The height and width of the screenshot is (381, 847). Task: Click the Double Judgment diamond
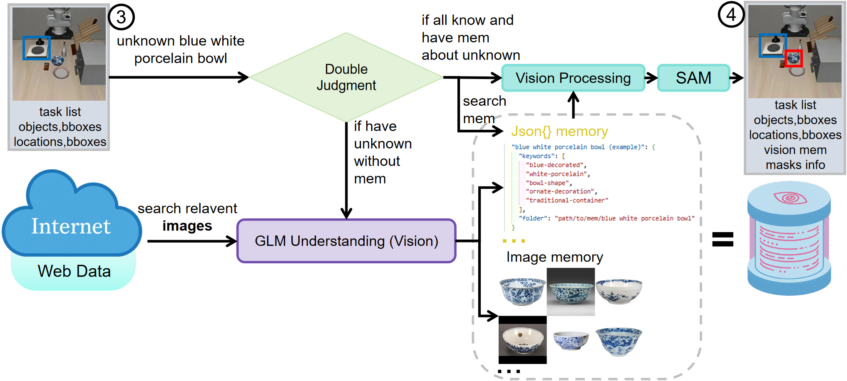(346, 77)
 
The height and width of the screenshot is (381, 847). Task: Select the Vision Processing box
(573, 78)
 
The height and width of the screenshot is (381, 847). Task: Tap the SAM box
(693, 78)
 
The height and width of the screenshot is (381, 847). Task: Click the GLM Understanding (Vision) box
(346, 241)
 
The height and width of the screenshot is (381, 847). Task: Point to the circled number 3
(121, 17)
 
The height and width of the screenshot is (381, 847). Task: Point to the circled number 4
(731, 15)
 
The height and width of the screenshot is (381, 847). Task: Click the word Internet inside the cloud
(71, 226)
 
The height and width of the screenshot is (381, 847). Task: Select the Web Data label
(74, 271)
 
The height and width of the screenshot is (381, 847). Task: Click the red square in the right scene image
(794, 58)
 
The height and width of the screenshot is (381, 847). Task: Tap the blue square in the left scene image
(36, 48)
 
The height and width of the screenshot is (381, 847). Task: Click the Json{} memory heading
(559, 131)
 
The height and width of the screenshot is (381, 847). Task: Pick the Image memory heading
(554, 257)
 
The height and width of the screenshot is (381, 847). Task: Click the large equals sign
(723, 239)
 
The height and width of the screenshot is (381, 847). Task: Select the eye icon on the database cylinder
(790, 198)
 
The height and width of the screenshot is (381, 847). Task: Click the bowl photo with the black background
(522, 340)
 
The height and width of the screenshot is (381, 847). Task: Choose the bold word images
(187, 226)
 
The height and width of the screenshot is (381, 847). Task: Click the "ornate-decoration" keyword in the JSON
(561, 191)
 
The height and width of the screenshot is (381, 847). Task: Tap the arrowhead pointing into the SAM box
(653, 78)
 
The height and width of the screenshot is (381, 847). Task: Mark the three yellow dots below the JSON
(514, 241)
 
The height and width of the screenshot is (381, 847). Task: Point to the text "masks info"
(795, 165)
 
